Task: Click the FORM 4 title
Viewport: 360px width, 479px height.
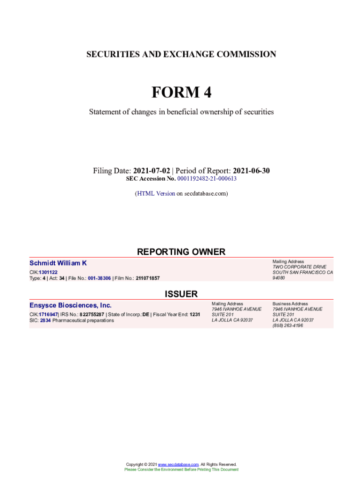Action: pos(181,93)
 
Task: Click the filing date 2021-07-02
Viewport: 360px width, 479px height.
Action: pos(151,171)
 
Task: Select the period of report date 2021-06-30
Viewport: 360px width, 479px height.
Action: pos(251,171)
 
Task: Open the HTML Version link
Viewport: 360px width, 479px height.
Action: pos(156,193)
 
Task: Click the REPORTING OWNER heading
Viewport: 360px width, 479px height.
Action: pos(181,252)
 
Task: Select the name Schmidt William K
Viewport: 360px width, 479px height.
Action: pos(58,263)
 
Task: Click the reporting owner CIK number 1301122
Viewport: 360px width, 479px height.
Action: pos(48,272)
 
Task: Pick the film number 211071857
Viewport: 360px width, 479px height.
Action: pos(148,278)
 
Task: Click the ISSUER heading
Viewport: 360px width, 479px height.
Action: pos(181,294)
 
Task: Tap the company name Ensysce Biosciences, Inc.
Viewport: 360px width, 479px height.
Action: pos(71,305)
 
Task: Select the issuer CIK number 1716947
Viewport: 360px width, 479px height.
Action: pos(48,314)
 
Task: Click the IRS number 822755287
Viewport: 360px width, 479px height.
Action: pos(92,314)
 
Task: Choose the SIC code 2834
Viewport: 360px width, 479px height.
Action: pos(45,320)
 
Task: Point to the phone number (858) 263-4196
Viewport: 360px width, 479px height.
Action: pos(288,326)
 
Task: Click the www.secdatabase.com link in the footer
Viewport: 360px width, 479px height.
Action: pos(179,464)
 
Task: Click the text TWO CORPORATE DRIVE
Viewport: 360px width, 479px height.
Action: pos(299,267)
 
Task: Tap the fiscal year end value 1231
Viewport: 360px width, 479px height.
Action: pos(195,314)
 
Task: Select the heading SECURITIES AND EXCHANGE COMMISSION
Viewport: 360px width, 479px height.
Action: pos(181,54)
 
